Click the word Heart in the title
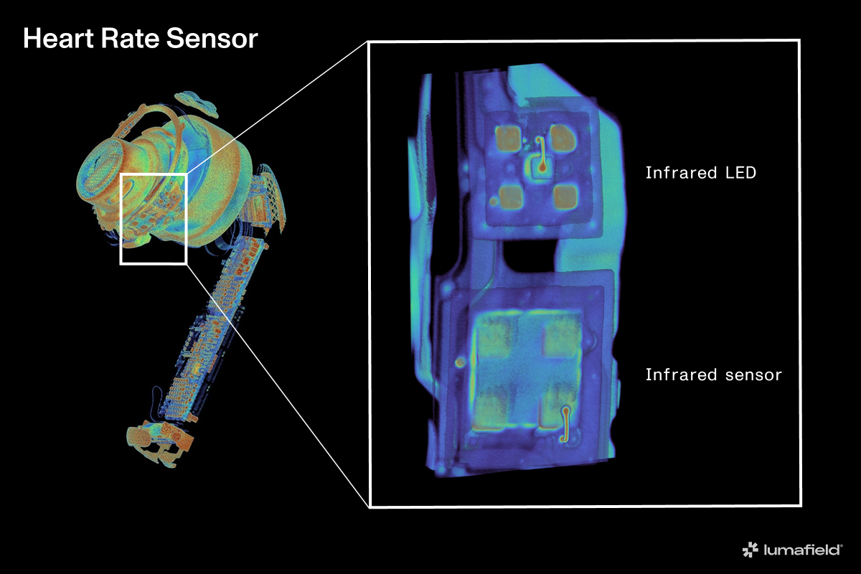click(x=58, y=39)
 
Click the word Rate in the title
click(x=130, y=39)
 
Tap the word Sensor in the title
click(x=212, y=39)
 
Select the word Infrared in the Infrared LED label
click(x=681, y=173)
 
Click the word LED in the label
click(x=740, y=173)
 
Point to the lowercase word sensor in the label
click(x=753, y=375)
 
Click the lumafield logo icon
click(x=750, y=550)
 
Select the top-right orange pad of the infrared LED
click(x=563, y=138)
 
